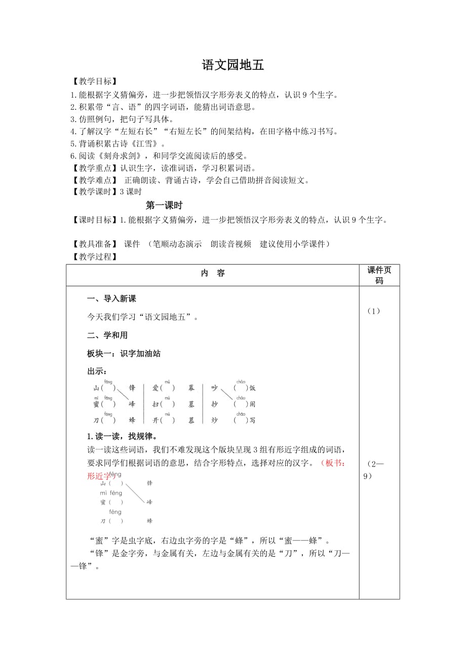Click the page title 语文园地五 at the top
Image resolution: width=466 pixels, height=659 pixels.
coord(233,65)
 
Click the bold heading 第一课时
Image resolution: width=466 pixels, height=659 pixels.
coord(164,205)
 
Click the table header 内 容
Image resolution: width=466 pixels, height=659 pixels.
coord(213,273)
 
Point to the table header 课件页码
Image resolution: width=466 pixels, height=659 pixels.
coord(379,275)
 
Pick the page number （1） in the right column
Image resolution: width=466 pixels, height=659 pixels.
coord(374,311)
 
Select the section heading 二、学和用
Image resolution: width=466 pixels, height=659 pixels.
coord(107,336)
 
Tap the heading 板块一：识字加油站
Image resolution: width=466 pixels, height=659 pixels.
coord(124,354)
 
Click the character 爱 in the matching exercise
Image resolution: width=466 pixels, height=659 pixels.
coord(156,388)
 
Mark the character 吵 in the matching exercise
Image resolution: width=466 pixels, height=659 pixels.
coord(214,388)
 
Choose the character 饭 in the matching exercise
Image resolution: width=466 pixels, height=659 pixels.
coord(252,388)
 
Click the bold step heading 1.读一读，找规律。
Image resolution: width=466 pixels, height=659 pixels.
coord(122,437)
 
